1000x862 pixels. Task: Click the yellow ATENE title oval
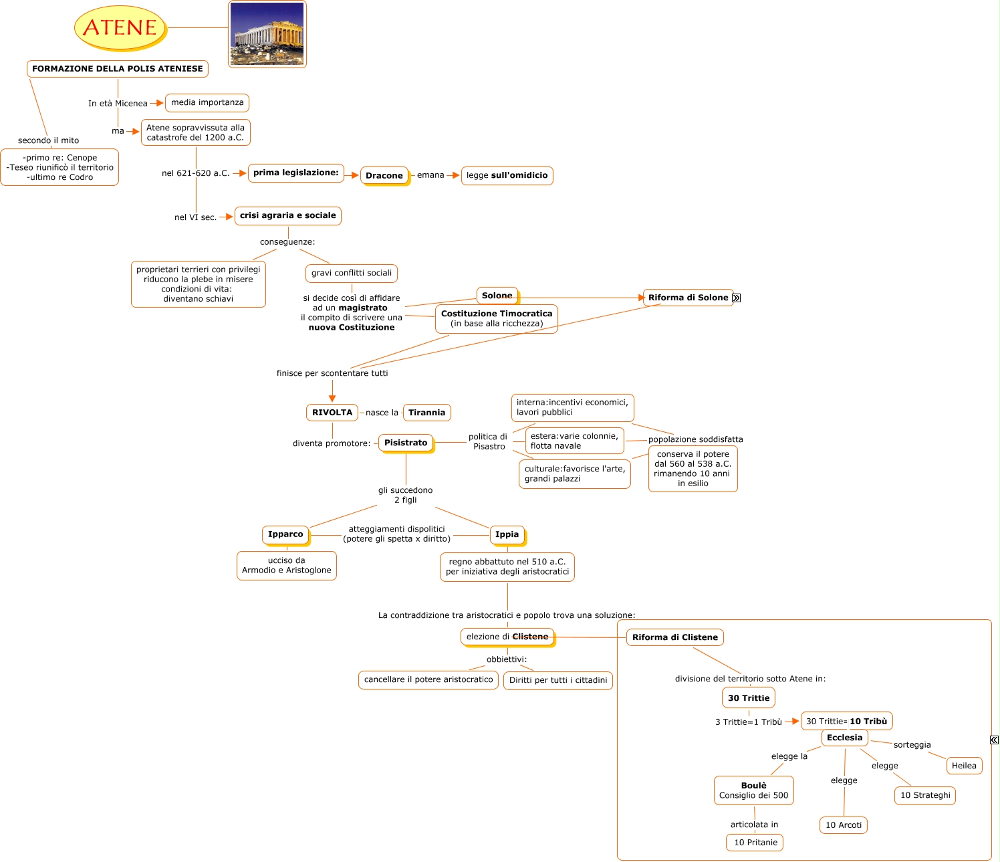coord(120,27)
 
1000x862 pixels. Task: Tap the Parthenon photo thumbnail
coord(267,34)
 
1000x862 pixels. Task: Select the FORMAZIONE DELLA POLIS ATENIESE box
coord(118,69)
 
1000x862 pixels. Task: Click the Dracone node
coord(384,176)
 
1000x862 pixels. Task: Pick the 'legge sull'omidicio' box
coord(507,176)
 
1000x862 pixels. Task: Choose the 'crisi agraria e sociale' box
coord(288,216)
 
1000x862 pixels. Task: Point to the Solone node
coord(497,296)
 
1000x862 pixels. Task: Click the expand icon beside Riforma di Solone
coord(737,298)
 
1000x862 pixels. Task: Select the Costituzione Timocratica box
coord(497,319)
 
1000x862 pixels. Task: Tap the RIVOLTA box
coord(332,413)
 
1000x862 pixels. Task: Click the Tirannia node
coord(426,413)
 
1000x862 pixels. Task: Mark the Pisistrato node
coord(406,443)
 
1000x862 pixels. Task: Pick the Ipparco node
coord(285,534)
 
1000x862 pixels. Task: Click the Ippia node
coord(507,534)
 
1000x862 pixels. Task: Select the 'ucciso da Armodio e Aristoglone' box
coord(286,566)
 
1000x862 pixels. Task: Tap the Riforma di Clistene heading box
coord(675,637)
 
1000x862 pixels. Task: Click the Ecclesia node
coord(844,738)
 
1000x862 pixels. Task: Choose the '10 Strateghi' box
coord(925,795)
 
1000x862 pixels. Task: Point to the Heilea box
coord(964,766)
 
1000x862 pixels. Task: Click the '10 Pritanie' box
coord(755,843)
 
